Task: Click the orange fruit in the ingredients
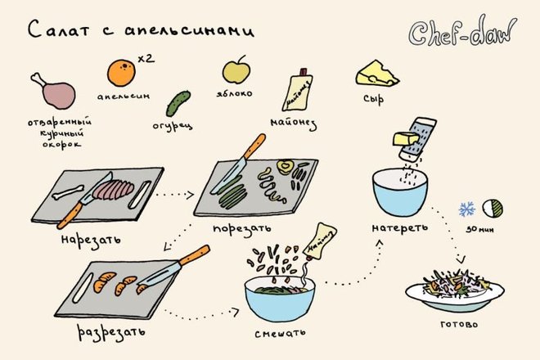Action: coord(121,72)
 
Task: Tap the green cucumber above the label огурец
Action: coord(178,104)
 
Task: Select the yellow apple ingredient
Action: coord(236,70)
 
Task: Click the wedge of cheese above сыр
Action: coord(376,74)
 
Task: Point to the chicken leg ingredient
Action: coord(54,91)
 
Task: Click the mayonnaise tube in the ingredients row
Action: coord(297,90)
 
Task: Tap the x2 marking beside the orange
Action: coord(146,58)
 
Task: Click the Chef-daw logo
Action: coord(462,32)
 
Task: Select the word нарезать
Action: coord(91,240)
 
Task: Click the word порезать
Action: coord(241,229)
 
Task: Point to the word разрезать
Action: coord(111,333)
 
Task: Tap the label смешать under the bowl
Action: coord(280,333)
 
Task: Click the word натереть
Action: coord(400,228)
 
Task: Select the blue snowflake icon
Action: coord(466,209)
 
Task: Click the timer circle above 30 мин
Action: coord(493,209)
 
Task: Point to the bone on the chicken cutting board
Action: coord(68,192)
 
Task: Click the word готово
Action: coord(459,325)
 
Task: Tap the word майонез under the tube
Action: coord(294,124)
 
